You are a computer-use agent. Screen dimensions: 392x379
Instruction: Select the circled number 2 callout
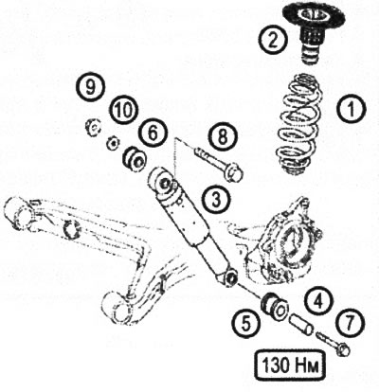[x=274, y=40]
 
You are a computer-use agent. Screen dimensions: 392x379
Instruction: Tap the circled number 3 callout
[x=217, y=198]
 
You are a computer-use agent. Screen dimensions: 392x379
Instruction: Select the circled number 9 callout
[x=90, y=87]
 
